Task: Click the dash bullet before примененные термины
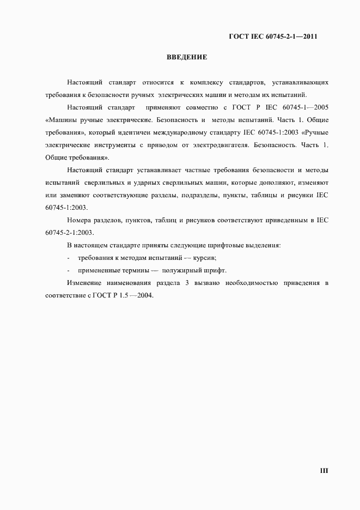(68, 270)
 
